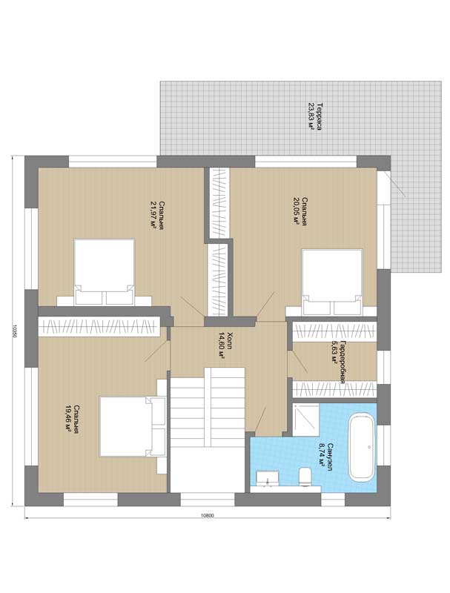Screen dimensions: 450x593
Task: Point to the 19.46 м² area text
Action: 68,419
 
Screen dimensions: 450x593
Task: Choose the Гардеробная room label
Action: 343,362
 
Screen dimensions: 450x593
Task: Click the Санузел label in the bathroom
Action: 330,456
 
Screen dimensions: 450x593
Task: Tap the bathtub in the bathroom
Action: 362,448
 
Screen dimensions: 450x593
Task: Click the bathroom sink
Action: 268,478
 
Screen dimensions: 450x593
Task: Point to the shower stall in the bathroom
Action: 305,420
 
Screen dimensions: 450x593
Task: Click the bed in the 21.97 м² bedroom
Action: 105,271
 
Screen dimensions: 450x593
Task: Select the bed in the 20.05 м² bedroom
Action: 332,282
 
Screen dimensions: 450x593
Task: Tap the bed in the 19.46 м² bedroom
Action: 133,426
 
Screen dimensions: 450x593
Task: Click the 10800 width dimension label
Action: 208,515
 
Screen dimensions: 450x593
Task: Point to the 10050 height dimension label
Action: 14,331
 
